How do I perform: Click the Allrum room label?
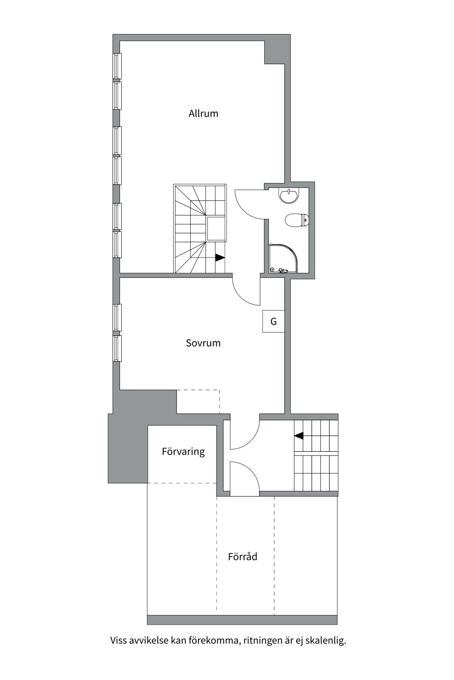click(x=203, y=114)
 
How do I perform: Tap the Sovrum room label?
click(x=203, y=343)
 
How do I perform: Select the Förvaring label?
click(x=183, y=452)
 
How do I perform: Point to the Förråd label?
click(x=243, y=556)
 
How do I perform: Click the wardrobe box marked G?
click(x=273, y=321)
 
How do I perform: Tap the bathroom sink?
click(x=289, y=195)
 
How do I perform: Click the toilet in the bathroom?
click(x=297, y=220)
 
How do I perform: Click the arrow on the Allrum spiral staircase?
click(x=220, y=257)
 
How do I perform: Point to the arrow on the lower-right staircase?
click(x=299, y=436)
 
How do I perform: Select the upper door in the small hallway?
click(x=245, y=436)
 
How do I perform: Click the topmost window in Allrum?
click(x=117, y=66)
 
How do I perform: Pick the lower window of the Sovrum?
click(x=117, y=348)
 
